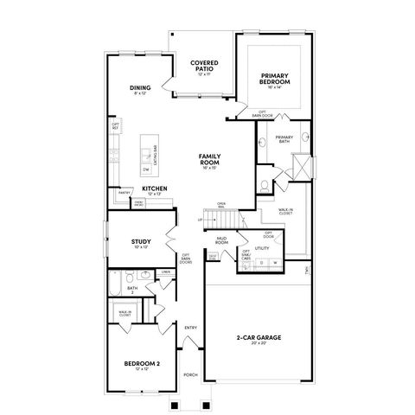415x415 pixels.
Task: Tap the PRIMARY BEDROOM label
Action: (275, 79)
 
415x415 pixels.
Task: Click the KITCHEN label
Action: (154, 188)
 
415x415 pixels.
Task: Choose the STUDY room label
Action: (141, 242)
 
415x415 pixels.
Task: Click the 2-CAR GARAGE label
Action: (259, 337)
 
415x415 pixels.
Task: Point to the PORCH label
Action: (190, 374)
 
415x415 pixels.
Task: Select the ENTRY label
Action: (190, 327)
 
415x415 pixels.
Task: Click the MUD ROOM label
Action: (221, 242)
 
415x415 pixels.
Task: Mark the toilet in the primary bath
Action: (264, 185)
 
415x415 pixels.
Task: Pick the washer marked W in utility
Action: (275, 262)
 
